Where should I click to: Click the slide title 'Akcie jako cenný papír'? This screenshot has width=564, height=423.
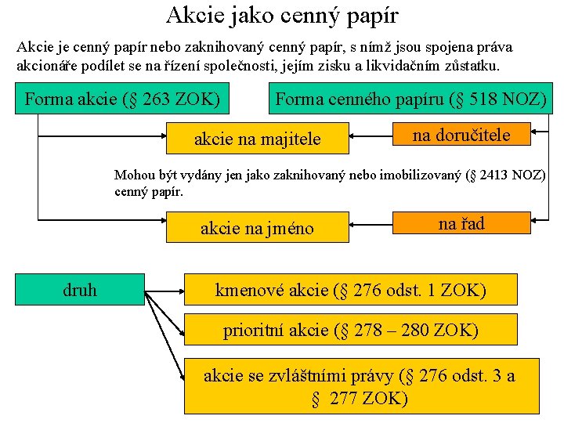282,15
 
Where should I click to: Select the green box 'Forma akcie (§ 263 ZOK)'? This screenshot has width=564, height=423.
121,99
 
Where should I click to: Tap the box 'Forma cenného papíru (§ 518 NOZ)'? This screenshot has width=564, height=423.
410,99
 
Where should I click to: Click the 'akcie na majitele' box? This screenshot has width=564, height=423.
258,139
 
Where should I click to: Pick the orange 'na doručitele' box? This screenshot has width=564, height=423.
461,135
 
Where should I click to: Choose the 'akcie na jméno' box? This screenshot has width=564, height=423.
257,228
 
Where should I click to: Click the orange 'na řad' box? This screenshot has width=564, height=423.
461,224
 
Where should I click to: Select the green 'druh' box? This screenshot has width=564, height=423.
80,290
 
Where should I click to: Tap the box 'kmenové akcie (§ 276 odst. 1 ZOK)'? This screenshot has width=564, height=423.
351,290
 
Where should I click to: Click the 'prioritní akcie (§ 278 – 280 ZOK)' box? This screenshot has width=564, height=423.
351,330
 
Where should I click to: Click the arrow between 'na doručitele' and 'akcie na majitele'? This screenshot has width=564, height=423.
370,136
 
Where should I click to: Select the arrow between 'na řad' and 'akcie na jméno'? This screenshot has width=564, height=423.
370,226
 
